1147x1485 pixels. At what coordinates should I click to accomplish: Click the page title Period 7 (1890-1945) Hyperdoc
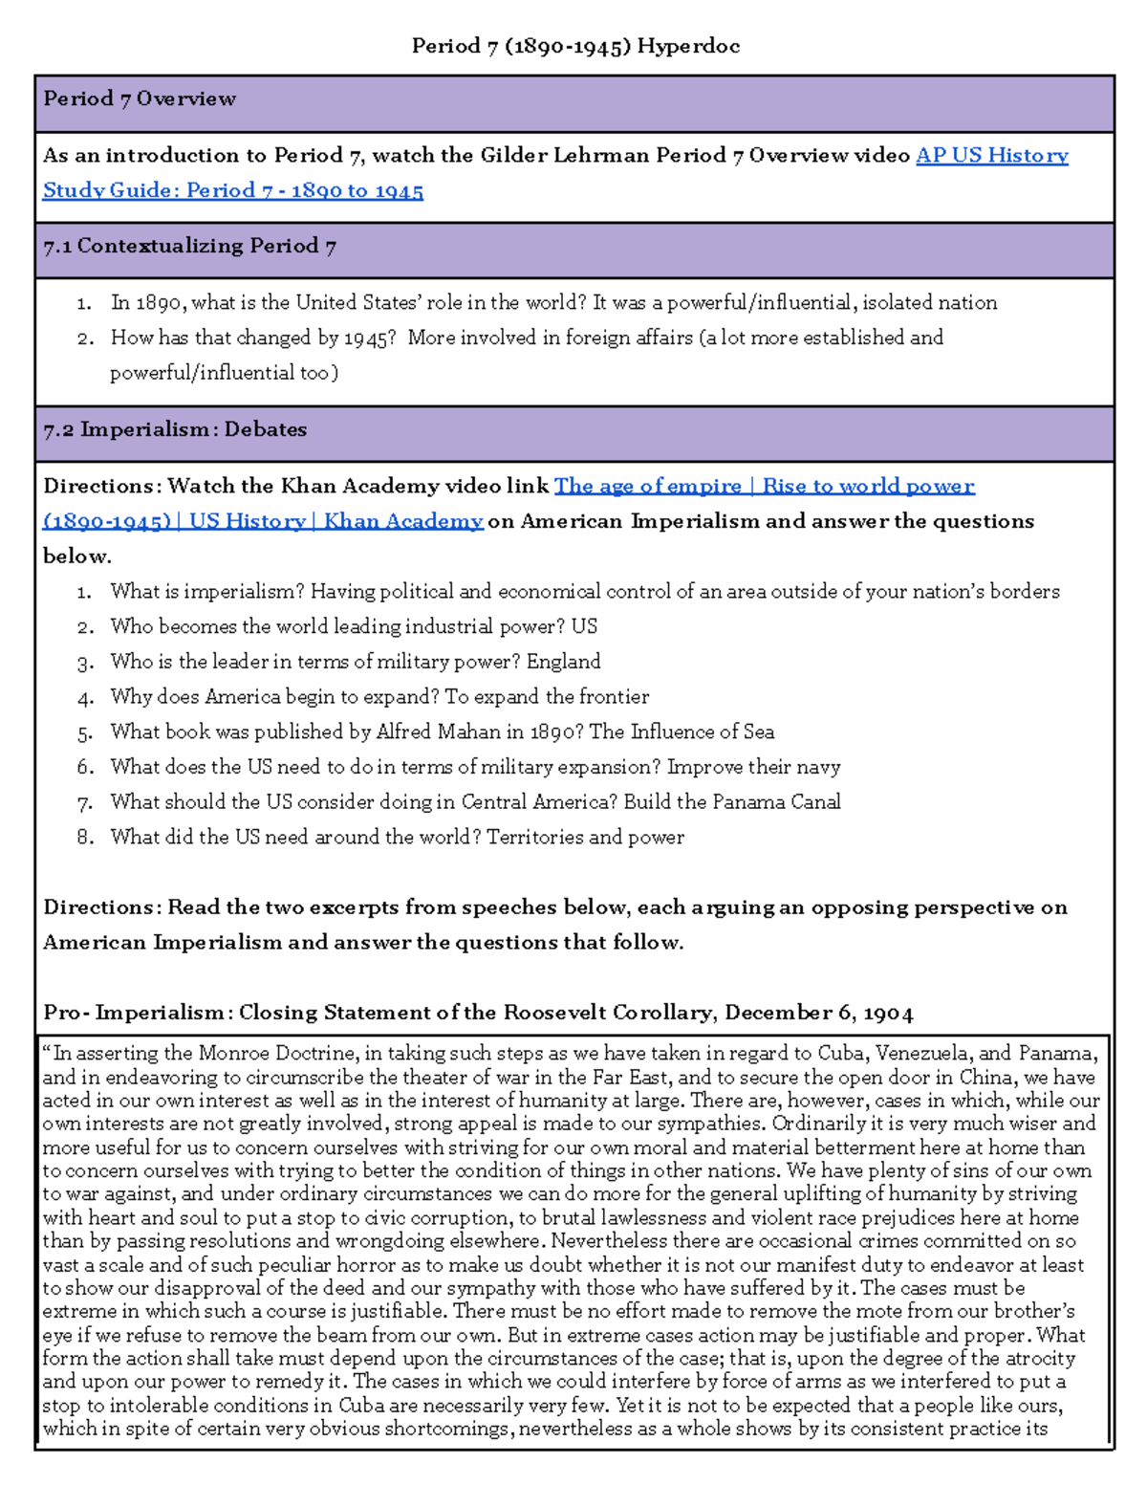click(x=575, y=46)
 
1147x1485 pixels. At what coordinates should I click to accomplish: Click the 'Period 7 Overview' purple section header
click(x=140, y=98)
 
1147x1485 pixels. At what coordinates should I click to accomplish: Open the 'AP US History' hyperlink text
click(x=991, y=155)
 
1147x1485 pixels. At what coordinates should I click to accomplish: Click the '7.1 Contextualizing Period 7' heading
click(x=189, y=246)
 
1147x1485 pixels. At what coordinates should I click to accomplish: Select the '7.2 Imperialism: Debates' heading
click(x=175, y=429)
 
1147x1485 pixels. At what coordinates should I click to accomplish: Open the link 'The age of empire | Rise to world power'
click(x=764, y=486)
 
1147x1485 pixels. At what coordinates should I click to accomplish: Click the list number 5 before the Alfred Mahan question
click(x=85, y=732)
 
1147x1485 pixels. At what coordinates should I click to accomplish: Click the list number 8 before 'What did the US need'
click(x=85, y=838)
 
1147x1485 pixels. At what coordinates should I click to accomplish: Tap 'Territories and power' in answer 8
click(x=585, y=838)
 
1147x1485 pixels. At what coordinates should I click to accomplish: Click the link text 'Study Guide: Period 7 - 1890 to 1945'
click(x=232, y=190)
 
